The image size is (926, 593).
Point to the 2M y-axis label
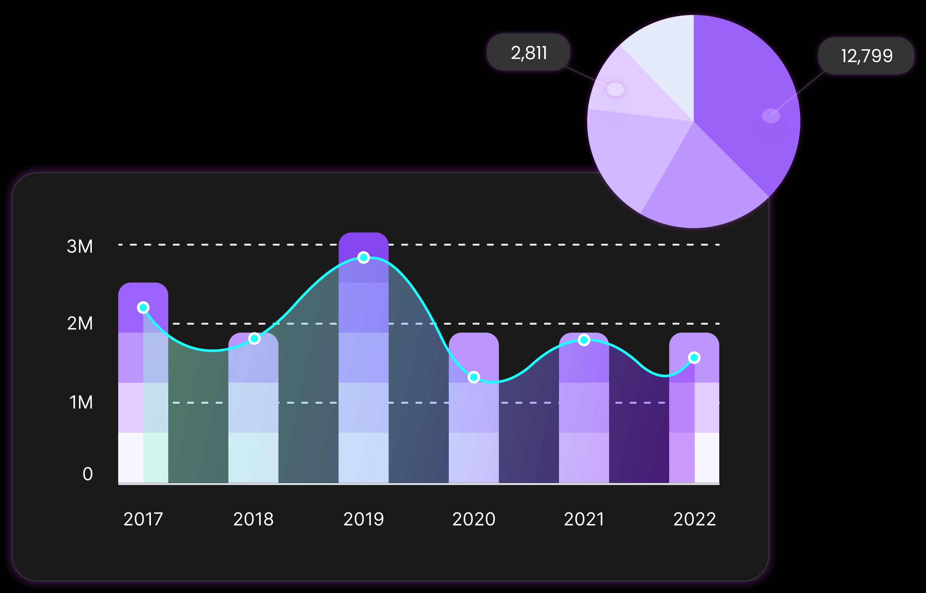coord(80,323)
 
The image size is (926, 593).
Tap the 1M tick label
coord(81,402)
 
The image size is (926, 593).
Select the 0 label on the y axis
coord(87,474)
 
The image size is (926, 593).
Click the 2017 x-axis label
coord(143,519)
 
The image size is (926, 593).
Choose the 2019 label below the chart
coord(363,519)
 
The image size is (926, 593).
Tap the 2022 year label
coord(694,519)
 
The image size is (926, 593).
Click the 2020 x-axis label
coord(474,519)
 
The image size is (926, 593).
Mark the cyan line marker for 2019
coord(363,257)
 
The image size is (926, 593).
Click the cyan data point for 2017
coord(143,307)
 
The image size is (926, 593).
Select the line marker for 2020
coord(474,377)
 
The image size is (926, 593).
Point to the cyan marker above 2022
coord(694,358)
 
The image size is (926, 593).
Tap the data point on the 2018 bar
coord(254,338)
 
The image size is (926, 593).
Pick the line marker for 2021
coord(584,340)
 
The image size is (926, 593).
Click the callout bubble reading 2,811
coord(528,52)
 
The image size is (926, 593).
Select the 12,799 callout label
coord(866,56)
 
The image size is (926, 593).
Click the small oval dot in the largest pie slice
coord(771,116)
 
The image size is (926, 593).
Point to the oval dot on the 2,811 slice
coord(615,89)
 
